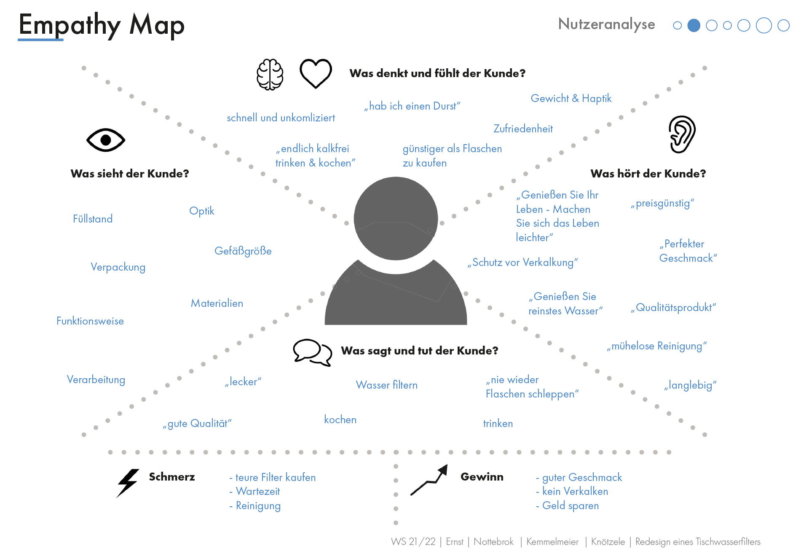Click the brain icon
pos(270,75)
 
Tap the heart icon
pos(316,73)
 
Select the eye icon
pos(106,140)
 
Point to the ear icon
pos(682,134)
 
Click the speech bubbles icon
pos(312,352)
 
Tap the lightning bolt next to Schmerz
pos(128,483)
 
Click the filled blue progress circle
pos(694,26)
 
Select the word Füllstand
pos(93,219)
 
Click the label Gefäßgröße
pos(243,251)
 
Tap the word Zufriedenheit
pos(523,129)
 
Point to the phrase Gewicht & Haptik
pos(571,99)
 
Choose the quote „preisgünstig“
pos(662,204)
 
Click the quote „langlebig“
pos(690,385)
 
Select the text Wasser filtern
pos(386,385)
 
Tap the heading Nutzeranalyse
pos(606,24)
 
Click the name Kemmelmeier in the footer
pos(552,542)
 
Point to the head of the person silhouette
pos(396,218)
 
